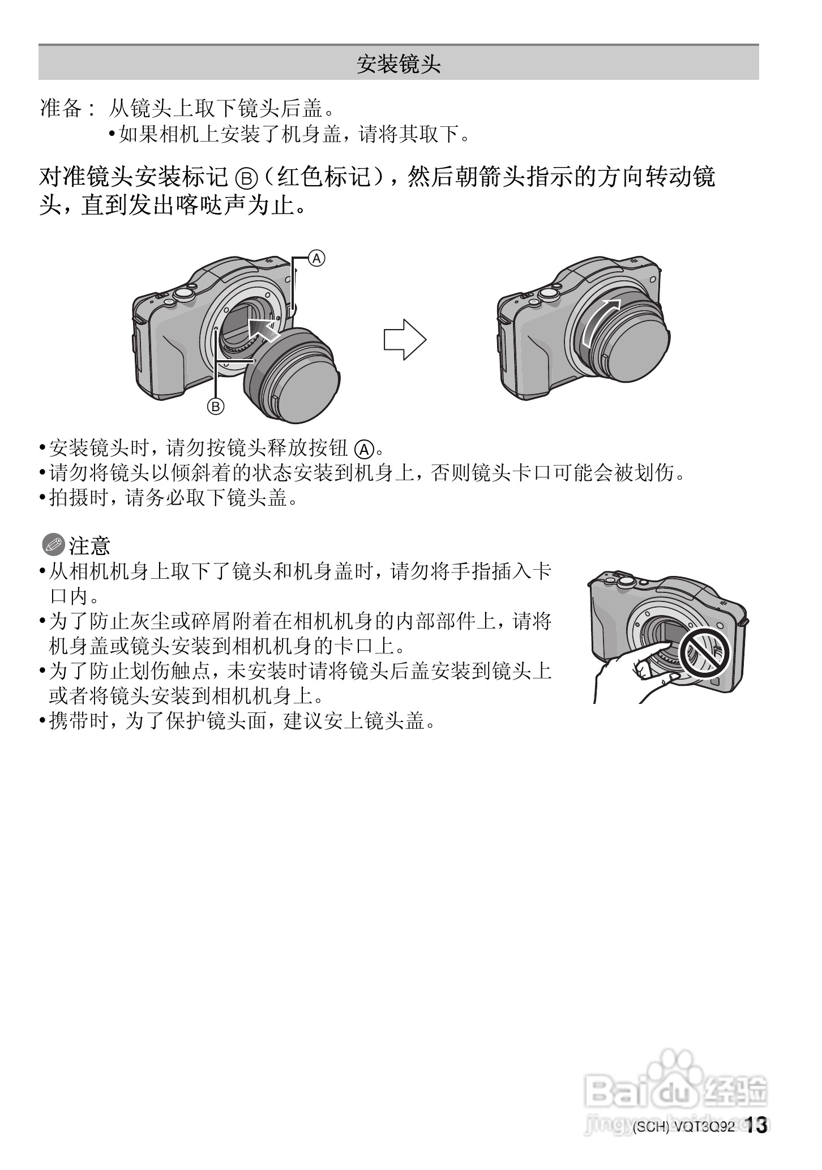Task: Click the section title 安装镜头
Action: point(398,64)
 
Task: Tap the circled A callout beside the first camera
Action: point(316,259)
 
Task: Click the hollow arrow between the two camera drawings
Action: point(404,340)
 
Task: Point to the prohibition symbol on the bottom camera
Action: point(704,652)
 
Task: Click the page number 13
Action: point(756,1125)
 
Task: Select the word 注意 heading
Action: point(89,546)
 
